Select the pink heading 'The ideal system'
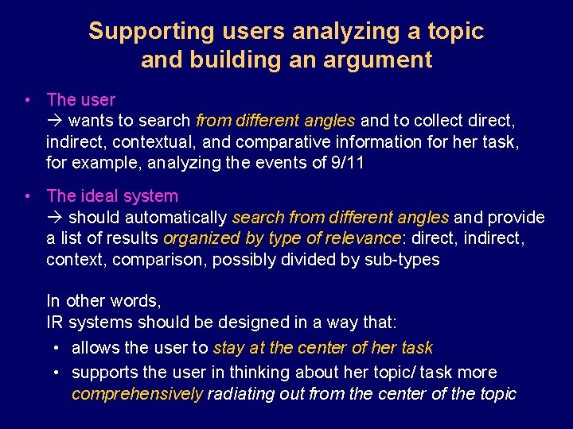112,195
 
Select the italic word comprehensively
137,394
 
